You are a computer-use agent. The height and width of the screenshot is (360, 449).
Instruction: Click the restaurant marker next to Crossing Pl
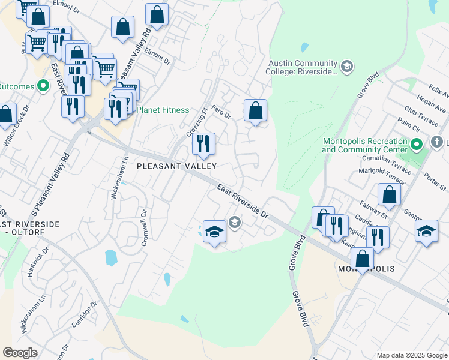(x=203, y=143)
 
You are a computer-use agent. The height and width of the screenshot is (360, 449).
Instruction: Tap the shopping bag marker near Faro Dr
(x=255, y=110)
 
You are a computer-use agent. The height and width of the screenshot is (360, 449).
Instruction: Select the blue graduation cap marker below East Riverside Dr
(x=214, y=232)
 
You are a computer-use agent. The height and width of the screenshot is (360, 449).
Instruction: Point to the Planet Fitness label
(x=163, y=110)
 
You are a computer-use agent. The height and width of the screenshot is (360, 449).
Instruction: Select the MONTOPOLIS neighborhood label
(x=366, y=269)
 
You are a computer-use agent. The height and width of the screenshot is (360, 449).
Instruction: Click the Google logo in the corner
(x=20, y=353)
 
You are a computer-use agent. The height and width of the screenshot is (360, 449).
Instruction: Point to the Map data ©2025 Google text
(x=411, y=355)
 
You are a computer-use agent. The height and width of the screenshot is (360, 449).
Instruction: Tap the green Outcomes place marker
(x=43, y=86)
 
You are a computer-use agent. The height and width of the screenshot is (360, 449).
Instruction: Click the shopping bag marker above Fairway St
(x=389, y=194)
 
